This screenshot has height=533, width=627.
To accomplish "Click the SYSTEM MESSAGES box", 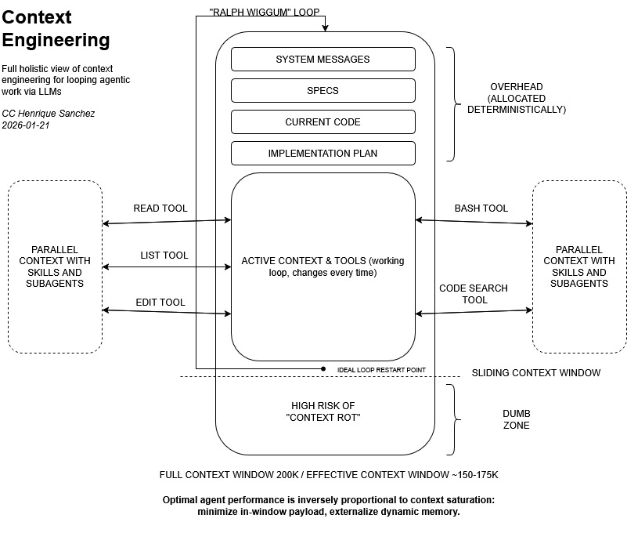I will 323,60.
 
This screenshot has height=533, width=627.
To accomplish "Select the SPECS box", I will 323,91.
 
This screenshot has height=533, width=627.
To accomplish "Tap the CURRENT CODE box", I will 323,122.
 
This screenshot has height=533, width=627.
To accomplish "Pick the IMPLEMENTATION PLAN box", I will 323,154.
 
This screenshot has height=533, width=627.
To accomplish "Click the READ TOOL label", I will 160,208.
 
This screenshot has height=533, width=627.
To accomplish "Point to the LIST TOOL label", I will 164,256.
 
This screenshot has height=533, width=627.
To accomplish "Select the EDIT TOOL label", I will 160,303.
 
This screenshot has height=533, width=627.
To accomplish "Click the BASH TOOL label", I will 481,208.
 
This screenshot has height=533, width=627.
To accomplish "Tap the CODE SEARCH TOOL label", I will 473,294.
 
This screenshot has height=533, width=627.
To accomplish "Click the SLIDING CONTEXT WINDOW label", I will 536,373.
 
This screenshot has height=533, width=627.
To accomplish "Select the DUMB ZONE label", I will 516,419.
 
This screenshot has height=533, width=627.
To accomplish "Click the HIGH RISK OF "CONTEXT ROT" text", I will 323,412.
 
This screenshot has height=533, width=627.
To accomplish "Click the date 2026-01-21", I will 26,125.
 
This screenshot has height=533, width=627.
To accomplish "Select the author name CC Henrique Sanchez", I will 49,114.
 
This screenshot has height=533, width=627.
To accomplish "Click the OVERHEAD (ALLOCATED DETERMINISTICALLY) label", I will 516,98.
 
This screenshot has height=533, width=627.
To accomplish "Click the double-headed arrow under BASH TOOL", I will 474,223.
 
